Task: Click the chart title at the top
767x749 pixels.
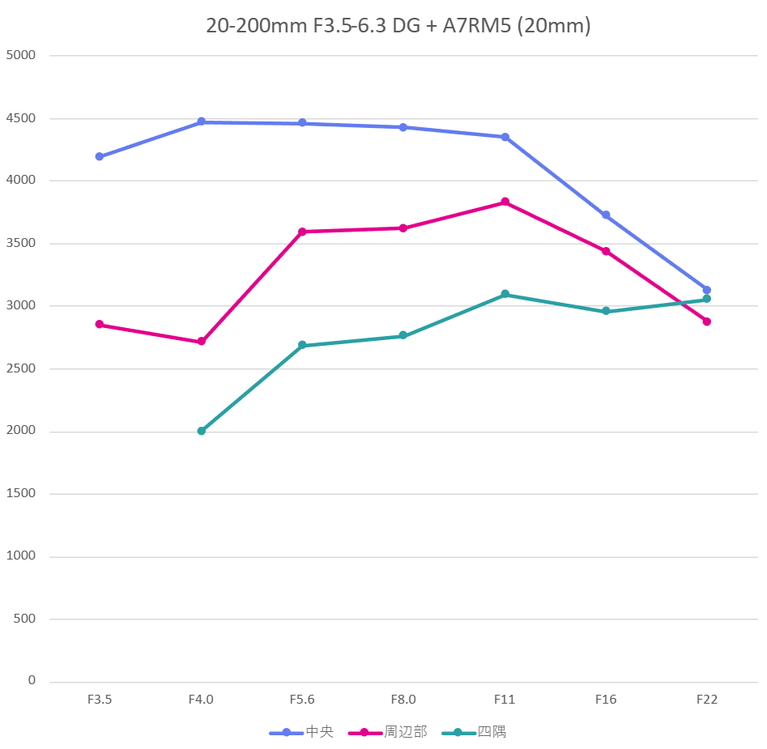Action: tap(398, 26)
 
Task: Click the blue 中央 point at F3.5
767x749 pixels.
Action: tap(100, 156)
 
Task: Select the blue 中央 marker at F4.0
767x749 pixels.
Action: tap(201, 121)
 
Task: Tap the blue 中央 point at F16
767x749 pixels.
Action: tap(606, 215)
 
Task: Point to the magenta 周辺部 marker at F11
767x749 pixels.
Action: tap(505, 202)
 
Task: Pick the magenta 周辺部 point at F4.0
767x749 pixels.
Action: tap(201, 342)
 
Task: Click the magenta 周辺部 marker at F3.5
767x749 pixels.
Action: tap(100, 324)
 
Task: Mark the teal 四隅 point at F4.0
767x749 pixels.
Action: tap(201, 431)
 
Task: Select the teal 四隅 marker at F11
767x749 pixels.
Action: tap(505, 294)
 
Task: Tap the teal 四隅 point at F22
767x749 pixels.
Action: tap(706, 299)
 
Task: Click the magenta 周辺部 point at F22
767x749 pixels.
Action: tap(706, 321)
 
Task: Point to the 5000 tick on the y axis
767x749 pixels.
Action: tap(21, 56)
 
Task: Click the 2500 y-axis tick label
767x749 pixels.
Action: tap(21, 368)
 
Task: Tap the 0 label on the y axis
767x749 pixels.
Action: tap(32, 680)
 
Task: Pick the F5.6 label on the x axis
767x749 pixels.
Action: tap(302, 700)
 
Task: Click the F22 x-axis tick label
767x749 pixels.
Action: tap(706, 700)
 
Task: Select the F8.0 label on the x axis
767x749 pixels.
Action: tap(403, 700)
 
